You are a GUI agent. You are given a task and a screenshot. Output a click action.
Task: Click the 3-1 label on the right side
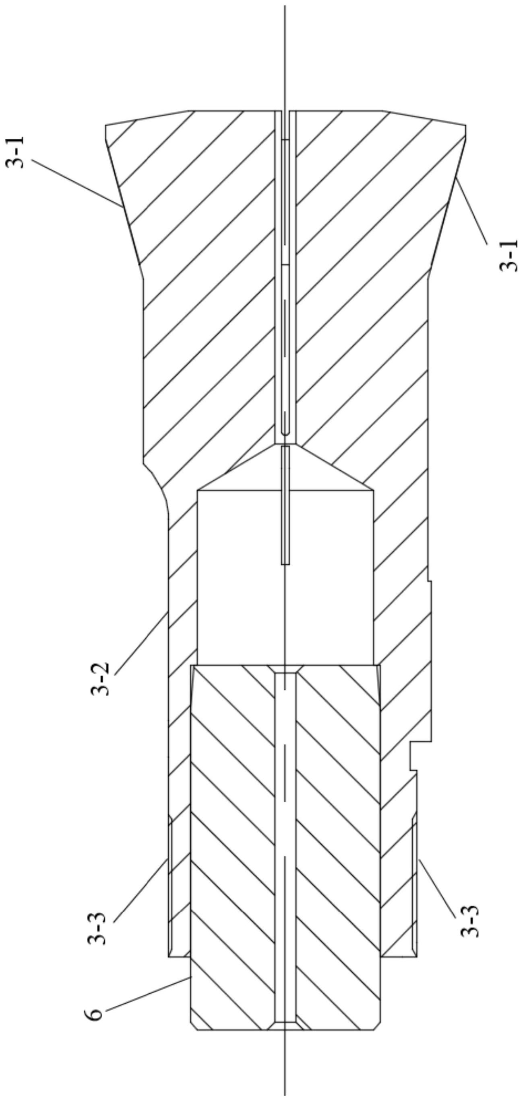[508, 256]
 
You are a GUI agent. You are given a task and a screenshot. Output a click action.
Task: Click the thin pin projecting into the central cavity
[285, 504]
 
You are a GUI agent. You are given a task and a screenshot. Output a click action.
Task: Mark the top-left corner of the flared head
[106, 126]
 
